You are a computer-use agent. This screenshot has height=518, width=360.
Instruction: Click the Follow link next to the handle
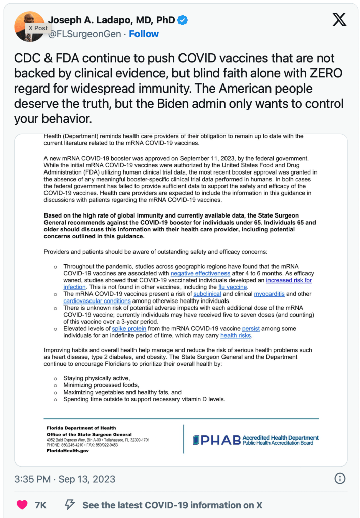pyautogui.click(x=144, y=34)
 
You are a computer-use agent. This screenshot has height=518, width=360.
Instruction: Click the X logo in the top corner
pyautogui.click(x=339, y=20)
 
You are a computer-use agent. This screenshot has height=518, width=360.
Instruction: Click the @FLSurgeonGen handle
pyautogui.click(x=84, y=34)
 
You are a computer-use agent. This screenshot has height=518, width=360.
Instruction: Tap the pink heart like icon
pyautogui.click(x=22, y=505)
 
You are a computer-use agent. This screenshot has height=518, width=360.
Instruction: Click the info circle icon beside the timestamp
pyautogui.click(x=341, y=479)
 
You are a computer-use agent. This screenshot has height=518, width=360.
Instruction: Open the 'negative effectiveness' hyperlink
pyautogui.click(x=200, y=273)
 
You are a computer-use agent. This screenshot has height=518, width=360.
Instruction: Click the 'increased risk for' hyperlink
pyautogui.click(x=289, y=280)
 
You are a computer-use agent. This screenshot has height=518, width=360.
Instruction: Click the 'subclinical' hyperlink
pyautogui.click(x=207, y=294)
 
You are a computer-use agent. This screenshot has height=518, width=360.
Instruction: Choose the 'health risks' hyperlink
pyautogui.click(x=236, y=335)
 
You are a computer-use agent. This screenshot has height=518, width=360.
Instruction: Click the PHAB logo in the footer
pyautogui.click(x=255, y=440)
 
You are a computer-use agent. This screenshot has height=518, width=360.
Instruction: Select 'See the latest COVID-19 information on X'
pyautogui.click(x=172, y=505)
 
